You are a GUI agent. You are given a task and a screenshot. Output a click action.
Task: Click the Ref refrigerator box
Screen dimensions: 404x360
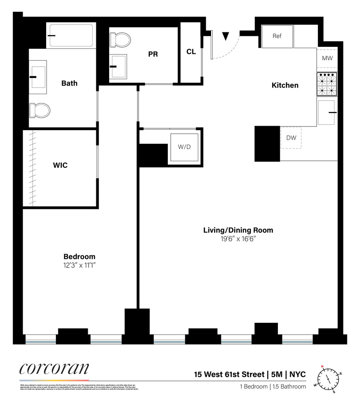tap(277, 36)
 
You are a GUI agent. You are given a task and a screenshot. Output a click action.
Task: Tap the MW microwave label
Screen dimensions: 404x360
tap(327, 59)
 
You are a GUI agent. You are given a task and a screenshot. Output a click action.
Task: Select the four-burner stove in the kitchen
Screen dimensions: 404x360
tap(327, 84)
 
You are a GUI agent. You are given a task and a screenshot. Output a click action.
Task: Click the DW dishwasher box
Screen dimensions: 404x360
tap(291, 138)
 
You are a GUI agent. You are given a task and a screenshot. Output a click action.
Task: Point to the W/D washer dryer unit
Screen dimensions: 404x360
tap(184, 147)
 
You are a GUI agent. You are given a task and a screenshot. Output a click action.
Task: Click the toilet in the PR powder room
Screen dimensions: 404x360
tap(121, 40)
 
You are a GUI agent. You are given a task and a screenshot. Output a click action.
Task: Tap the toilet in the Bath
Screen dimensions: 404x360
tap(40, 109)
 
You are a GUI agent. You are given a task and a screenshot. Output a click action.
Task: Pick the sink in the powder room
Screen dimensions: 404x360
tap(119, 66)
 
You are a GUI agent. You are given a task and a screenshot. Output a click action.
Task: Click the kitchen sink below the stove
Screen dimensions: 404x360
tap(326, 112)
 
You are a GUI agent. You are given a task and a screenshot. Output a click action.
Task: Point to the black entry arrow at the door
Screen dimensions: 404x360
tap(226, 36)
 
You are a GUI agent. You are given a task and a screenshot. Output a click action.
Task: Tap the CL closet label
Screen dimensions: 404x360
tap(191, 52)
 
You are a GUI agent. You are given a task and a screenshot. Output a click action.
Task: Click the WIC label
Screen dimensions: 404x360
tap(60, 165)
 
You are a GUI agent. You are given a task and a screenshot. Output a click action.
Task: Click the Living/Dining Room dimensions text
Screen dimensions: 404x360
tap(238, 239)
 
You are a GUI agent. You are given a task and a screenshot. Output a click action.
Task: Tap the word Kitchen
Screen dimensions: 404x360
tap(285, 85)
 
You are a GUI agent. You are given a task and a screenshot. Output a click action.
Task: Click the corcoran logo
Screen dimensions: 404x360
tap(54, 369)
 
